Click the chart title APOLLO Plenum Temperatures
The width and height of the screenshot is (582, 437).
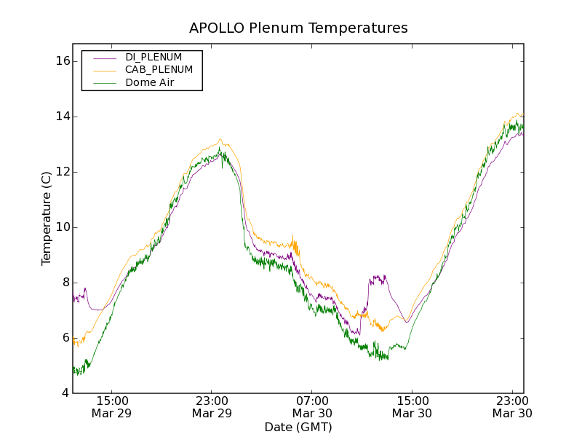click(298, 28)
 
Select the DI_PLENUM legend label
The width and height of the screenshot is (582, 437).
click(154, 57)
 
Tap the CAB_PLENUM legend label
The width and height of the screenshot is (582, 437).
click(159, 70)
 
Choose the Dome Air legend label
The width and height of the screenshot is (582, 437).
click(150, 83)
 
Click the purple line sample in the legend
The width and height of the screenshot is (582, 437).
click(104, 57)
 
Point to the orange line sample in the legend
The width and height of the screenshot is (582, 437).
click(104, 70)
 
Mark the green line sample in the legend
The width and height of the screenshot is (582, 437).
click(104, 83)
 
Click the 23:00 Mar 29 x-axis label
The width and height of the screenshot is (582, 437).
click(212, 406)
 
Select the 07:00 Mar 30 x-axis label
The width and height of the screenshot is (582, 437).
click(312, 406)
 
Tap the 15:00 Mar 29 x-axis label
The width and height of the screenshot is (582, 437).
click(112, 406)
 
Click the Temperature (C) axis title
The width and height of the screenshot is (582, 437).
click(47, 219)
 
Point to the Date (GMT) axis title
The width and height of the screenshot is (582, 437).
click(298, 427)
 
